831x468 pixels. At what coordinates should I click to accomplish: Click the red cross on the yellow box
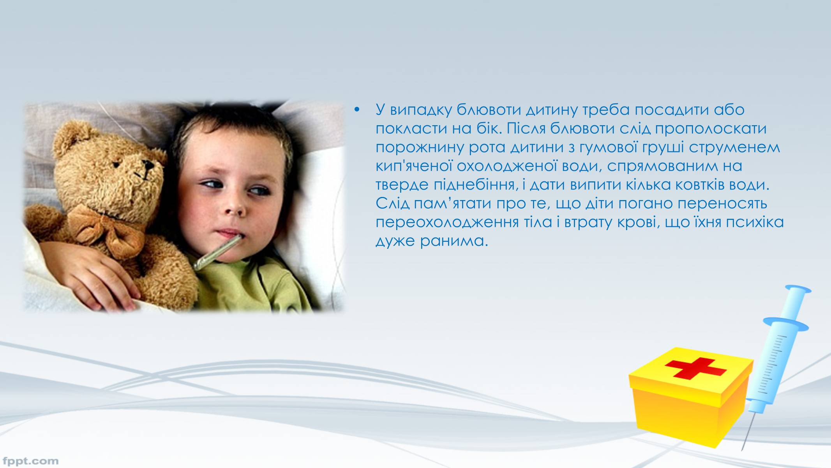point(695,367)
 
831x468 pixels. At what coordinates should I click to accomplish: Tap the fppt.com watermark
point(30,461)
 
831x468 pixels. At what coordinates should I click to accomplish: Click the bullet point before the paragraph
point(356,110)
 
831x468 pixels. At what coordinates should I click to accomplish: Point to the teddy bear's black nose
point(149,166)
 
